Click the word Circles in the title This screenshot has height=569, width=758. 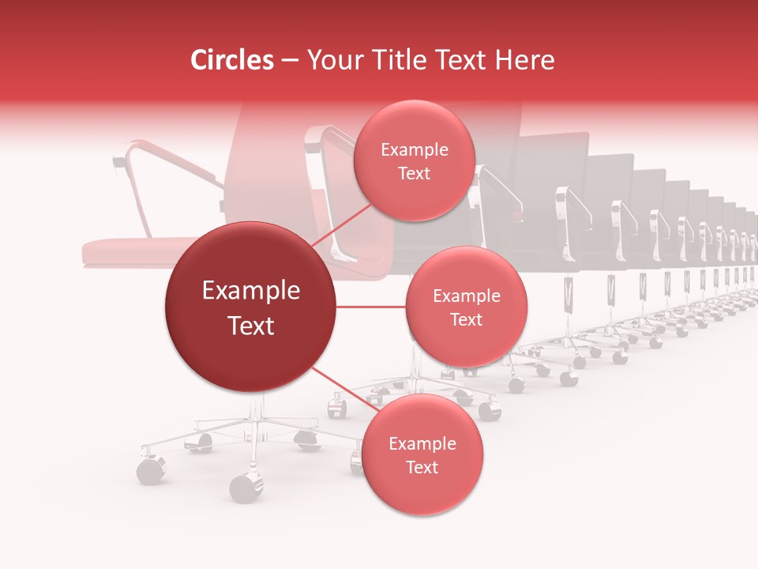(232, 60)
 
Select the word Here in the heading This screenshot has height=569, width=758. (525, 60)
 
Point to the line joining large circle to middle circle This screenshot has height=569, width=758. (371, 307)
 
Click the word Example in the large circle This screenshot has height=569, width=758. (250, 291)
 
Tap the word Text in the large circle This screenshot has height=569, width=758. (250, 326)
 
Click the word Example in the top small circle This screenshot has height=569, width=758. (414, 150)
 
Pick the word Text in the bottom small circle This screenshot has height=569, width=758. (422, 467)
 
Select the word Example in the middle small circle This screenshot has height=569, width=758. (466, 296)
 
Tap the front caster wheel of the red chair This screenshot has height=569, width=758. (246, 488)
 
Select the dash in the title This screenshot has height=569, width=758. (289, 60)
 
